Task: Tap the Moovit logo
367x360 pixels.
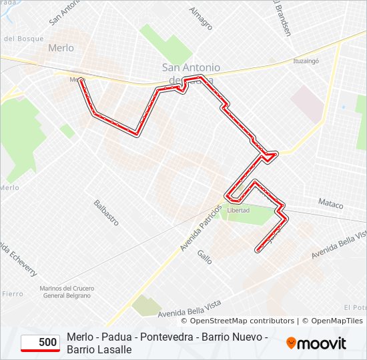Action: tap(316, 343)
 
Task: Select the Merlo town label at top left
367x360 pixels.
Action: tap(61, 48)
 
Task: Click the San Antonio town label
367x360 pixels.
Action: tap(192, 67)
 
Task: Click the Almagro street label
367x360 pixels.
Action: tap(200, 18)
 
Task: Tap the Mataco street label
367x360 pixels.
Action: tap(330, 203)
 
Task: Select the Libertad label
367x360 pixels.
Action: tap(238, 210)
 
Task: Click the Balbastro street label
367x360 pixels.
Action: tap(106, 212)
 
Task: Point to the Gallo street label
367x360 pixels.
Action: tap(204, 257)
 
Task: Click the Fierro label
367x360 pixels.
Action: tap(12, 293)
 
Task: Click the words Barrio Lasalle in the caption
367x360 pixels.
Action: tap(99, 349)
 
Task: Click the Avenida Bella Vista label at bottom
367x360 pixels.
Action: tap(190, 308)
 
